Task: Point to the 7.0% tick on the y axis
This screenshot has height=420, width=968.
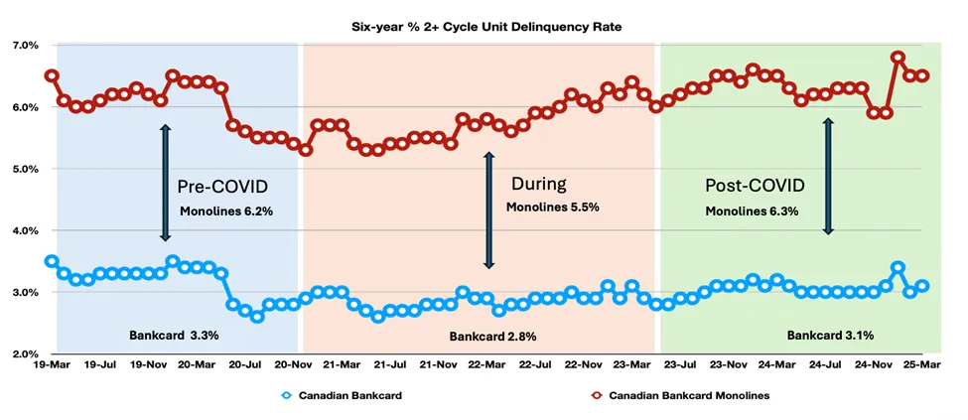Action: pyautogui.click(x=24, y=46)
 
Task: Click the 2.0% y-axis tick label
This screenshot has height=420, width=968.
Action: pyautogui.click(x=24, y=354)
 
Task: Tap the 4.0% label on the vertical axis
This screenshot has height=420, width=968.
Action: pyautogui.click(x=24, y=231)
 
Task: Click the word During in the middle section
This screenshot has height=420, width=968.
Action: pyautogui.click(x=539, y=184)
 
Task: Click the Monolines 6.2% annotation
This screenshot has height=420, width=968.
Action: pyautogui.click(x=226, y=211)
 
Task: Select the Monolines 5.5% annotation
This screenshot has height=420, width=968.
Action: pyautogui.click(x=553, y=208)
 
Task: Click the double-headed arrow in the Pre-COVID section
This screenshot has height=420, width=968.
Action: pyautogui.click(x=166, y=183)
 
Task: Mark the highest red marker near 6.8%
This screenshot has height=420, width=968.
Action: pyautogui.click(x=898, y=58)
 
